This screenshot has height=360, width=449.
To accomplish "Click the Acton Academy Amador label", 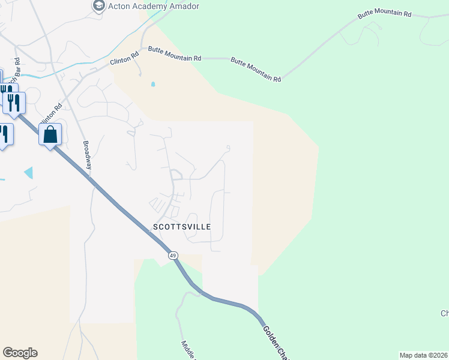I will (153, 6).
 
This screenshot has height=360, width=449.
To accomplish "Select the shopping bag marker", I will (50, 134).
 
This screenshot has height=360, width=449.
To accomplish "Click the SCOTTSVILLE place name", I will (182, 227).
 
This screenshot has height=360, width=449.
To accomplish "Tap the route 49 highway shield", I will (173, 256).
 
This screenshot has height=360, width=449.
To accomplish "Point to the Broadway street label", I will (87, 154).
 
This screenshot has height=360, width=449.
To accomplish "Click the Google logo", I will (20, 353).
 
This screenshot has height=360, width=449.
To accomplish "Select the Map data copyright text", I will (424, 355).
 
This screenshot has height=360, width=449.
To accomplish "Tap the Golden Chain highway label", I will (273, 342).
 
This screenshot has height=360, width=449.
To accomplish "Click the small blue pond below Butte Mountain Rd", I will (153, 84).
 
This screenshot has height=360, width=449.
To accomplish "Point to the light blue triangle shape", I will (29, 173).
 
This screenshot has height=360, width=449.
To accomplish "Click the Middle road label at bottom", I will (188, 350).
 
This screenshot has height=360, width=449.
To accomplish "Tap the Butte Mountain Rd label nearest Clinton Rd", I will (175, 58).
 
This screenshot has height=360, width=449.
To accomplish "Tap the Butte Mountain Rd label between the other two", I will (256, 70).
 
